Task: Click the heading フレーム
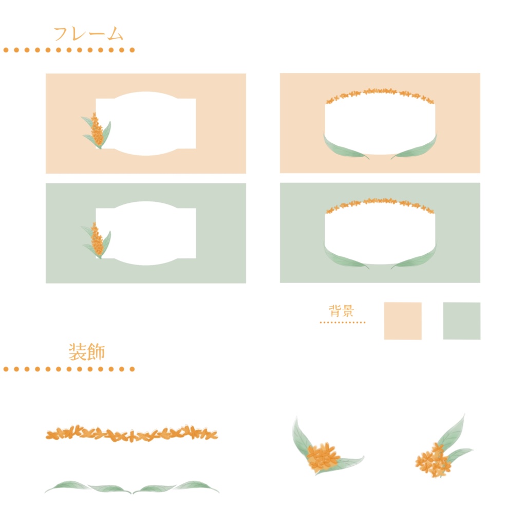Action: (x=88, y=34)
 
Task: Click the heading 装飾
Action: (x=87, y=351)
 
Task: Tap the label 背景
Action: (x=341, y=311)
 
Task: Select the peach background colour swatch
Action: (x=403, y=321)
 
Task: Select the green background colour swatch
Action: (x=462, y=321)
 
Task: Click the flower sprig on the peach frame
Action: (x=97, y=131)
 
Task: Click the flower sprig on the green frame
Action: (x=97, y=240)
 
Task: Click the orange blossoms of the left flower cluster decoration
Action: (x=323, y=456)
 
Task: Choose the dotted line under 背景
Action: (x=343, y=323)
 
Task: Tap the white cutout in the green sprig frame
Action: (x=146, y=233)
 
